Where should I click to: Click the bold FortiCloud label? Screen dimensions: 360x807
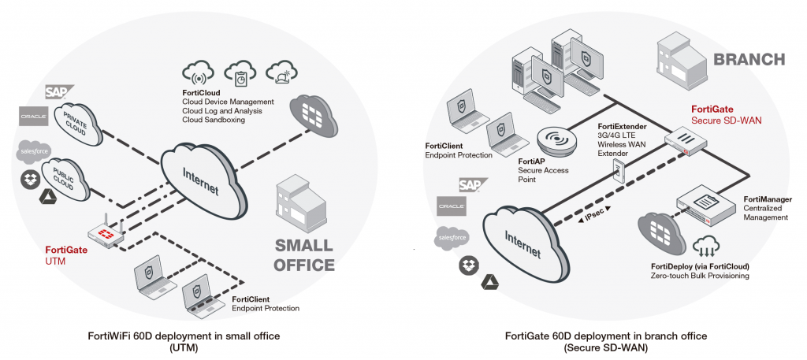click(x=202, y=93)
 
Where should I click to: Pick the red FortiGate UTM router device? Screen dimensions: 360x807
click(x=106, y=234)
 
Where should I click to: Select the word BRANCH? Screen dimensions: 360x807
click(x=748, y=59)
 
